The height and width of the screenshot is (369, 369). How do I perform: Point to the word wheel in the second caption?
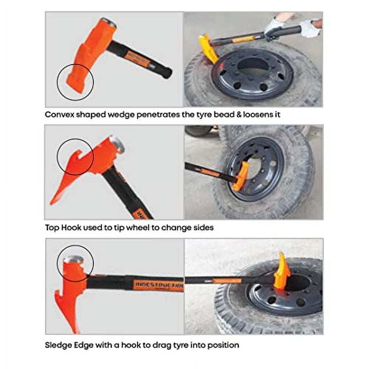click(138, 227)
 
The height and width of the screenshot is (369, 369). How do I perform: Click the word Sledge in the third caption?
click(59, 345)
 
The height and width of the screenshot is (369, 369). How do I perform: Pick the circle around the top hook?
click(75, 157)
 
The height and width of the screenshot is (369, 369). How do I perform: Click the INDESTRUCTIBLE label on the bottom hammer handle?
click(159, 285)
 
